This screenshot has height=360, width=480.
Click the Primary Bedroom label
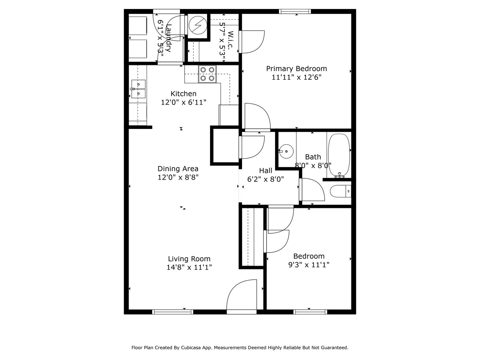click(296, 69)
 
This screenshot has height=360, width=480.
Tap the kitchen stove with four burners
click(207, 74)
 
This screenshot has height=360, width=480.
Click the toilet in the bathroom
click(340, 191)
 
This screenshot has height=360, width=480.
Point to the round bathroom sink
click(286, 151)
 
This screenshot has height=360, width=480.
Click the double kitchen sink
click(138, 89)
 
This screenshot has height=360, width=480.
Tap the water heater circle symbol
click(198, 25)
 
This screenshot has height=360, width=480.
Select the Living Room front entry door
click(242, 297)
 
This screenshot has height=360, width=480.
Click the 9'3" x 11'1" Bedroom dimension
click(309, 265)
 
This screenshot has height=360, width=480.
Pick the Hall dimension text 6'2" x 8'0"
click(265, 179)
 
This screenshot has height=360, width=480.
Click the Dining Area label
click(178, 169)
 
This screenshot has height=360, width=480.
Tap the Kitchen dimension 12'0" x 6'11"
click(184, 102)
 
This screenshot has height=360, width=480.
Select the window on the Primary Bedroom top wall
click(295, 11)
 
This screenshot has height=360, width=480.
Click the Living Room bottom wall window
click(173, 312)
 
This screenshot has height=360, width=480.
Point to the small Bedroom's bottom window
click(310, 312)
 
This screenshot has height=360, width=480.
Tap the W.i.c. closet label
click(230, 40)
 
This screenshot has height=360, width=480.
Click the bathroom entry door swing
click(312, 190)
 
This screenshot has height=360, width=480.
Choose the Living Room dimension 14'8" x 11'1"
click(189, 267)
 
